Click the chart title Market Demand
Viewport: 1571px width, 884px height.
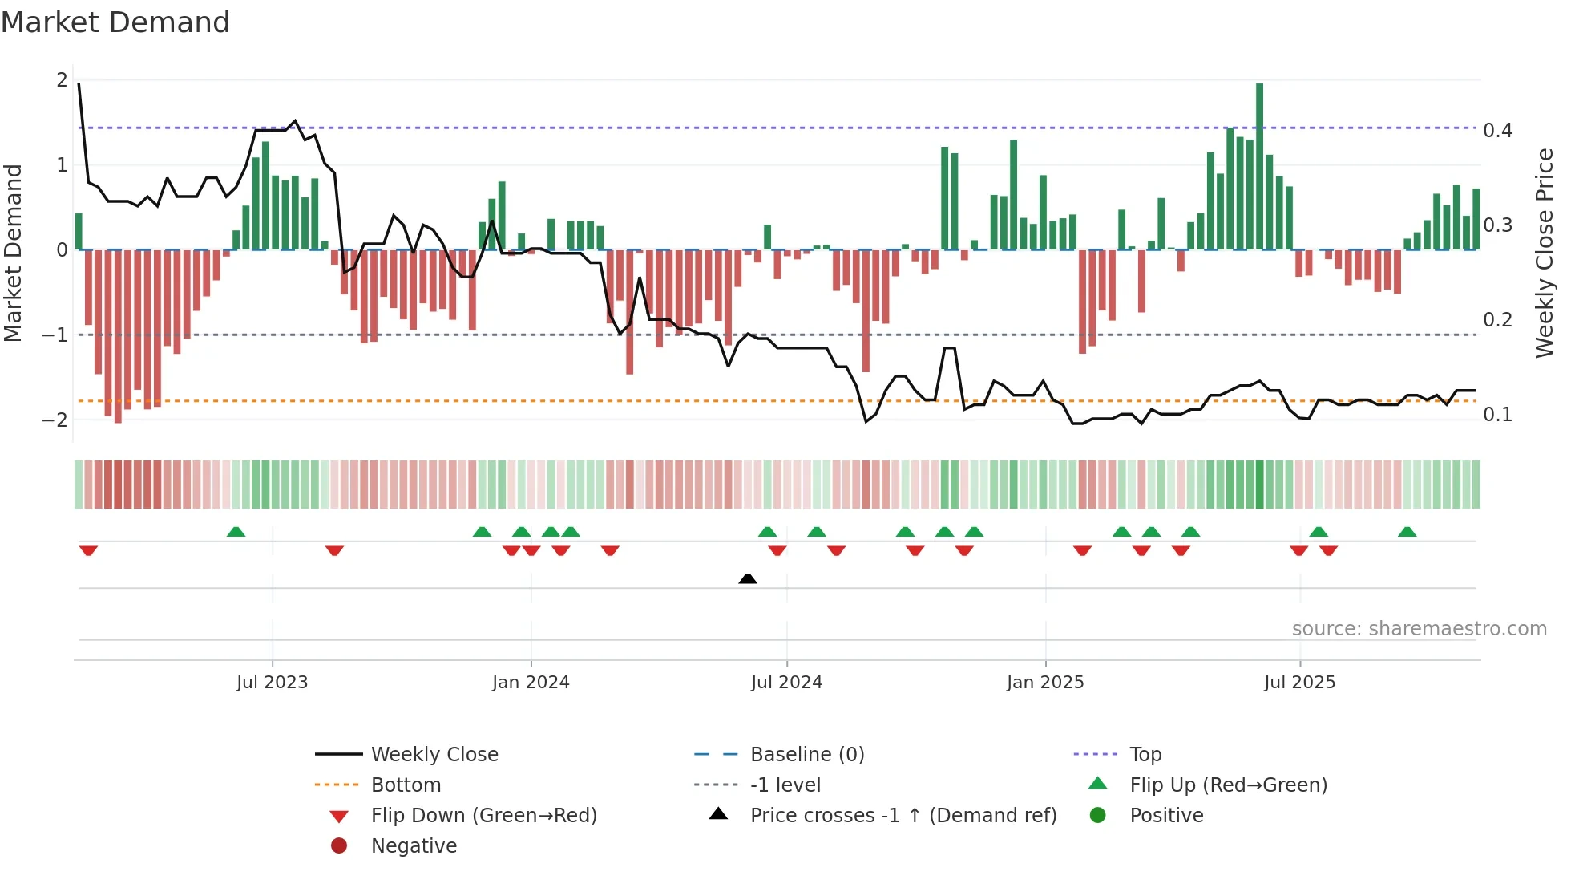pos(115,22)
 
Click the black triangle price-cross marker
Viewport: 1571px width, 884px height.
pos(747,578)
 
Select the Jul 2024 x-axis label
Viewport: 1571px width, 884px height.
pos(786,683)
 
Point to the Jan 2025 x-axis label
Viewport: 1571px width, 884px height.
pos(1045,683)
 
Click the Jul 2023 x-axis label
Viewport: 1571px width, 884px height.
pos(272,683)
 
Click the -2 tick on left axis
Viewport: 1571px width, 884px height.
pos(55,420)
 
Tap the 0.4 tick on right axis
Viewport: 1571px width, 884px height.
pos(1497,130)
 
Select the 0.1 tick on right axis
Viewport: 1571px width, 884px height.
pos(1497,415)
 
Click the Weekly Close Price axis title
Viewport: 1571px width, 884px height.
pos(1544,253)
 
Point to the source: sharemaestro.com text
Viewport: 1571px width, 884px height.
pos(1419,629)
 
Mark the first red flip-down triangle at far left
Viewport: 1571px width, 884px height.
pos(88,550)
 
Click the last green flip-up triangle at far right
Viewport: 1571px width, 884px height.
pos(1407,532)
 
